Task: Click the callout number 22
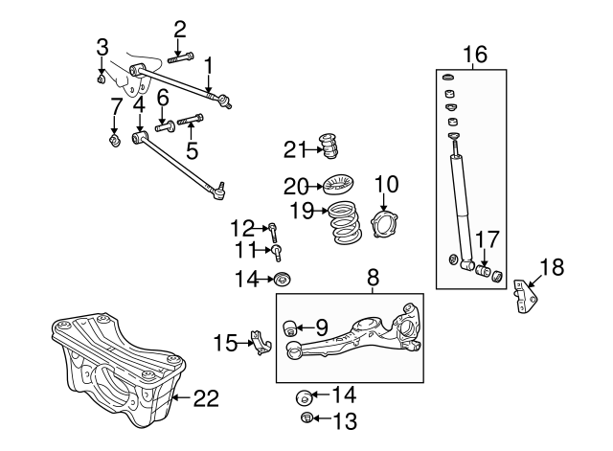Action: pos(206,398)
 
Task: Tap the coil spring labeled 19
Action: pos(345,222)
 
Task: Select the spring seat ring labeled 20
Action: pos(338,185)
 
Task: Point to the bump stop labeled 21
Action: pos(329,147)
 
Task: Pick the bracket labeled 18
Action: pos(526,296)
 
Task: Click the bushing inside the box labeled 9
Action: pos(289,327)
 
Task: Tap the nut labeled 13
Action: pos(306,417)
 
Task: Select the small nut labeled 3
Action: pos(101,79)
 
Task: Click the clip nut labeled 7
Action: pos(114,141)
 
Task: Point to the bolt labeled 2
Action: pos(181,57)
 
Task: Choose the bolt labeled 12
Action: pos(273,232)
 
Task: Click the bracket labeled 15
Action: pos(261,343)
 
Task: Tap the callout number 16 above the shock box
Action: pos(475,55)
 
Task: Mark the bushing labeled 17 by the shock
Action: pos(484,270)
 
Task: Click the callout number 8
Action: pos(374,278)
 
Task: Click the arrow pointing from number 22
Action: pos(182,397)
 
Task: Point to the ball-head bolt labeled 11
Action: pos(277,253)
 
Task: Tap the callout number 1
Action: pos(209,66)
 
